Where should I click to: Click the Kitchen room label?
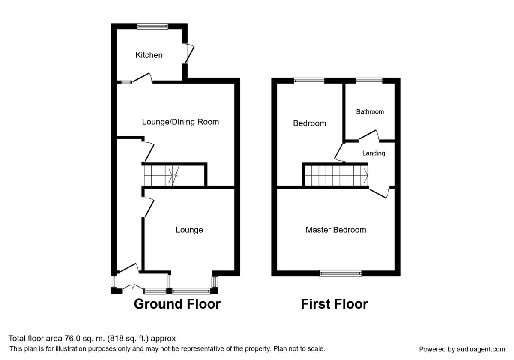pos(149,55)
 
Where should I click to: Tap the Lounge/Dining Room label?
pos(180,122)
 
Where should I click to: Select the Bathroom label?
pos(370,112)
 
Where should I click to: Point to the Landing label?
pos(374,153)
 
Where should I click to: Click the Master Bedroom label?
pos(336,230)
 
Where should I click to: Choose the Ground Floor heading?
pos(177,304)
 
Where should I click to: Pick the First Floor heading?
pos(335,304)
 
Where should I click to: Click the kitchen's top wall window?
pos(152,27)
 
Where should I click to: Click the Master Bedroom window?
pos(341,273)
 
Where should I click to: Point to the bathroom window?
pos(369,81)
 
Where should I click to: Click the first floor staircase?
pos(336,176)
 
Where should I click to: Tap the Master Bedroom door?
pos(379,192)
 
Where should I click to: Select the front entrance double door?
pos(133,289)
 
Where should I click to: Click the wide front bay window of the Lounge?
pos(191,291)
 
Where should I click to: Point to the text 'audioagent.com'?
pos(481,349)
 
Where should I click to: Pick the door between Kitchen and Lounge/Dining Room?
pos(143,78)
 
